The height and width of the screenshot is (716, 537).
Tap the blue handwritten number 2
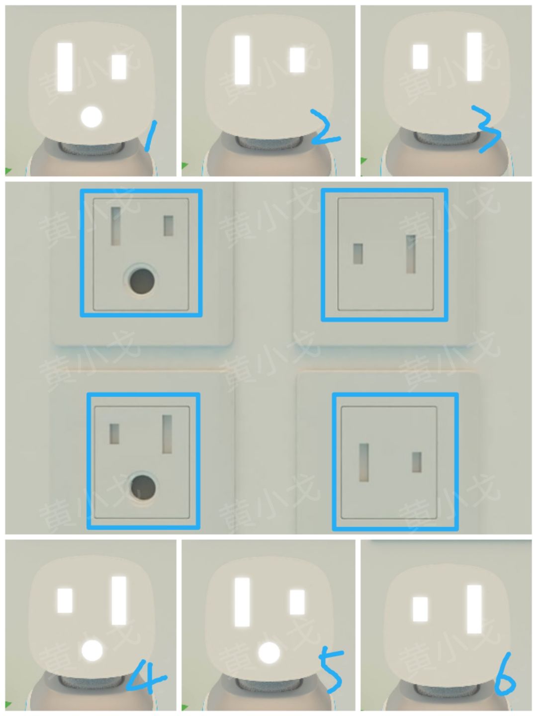click(x=325, y=128)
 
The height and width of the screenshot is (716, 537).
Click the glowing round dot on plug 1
click(x=91, y=117)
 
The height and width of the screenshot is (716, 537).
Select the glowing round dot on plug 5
click(x=268, y=653)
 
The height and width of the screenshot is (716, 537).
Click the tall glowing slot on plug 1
click(x=65, y=67)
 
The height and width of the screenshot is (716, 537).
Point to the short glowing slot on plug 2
click(x=297, y=60)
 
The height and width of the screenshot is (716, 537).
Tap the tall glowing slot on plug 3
click(x=474, y=57)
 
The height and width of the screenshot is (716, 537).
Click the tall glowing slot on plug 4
click(x=119, y=601)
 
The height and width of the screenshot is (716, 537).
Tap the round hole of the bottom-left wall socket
click(x=143, y=488)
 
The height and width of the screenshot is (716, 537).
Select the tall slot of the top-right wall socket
click(x=411, y=254)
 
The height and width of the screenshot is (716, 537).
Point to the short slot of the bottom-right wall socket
click(x=416, y=462)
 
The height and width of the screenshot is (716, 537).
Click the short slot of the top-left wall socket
click(x=168, y=226)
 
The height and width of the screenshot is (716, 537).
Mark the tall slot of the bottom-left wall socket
click(x=167, y=434)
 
